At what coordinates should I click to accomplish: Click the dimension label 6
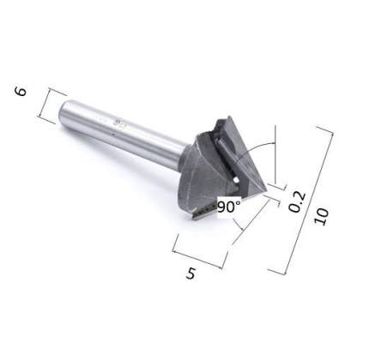click(21, 92)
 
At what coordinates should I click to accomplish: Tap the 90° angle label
click(229, 207)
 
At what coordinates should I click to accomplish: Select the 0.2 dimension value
click(297, 202)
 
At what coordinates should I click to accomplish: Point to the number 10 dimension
click(322, 217)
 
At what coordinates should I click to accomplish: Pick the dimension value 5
click(191, 273)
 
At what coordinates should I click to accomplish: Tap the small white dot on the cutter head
click(236, 180)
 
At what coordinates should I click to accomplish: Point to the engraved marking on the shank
click(118, 123)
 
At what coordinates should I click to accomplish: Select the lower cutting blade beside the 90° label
click(204, 211)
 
